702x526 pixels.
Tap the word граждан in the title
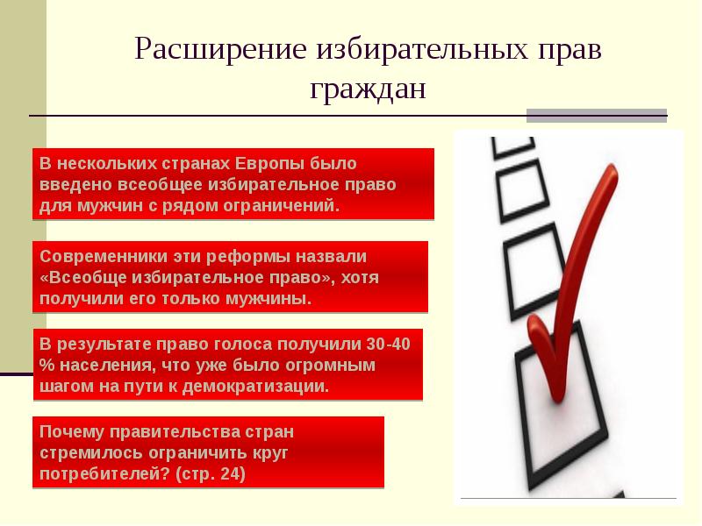(367, 89)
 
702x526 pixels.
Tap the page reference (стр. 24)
(211, 474)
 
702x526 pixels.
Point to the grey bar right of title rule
(597, 114)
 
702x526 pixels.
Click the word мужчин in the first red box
(90, 207)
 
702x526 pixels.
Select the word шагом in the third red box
(64, 386)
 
